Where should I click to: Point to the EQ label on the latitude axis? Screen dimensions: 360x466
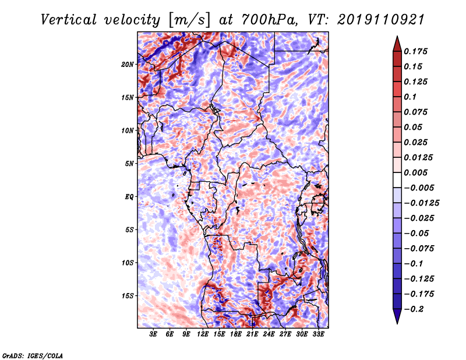pos(130,196)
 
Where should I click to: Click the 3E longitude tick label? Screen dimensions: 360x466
pos(154,334)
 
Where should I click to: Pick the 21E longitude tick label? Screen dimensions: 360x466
pos(252,334)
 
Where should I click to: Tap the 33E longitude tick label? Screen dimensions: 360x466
pos(318,334)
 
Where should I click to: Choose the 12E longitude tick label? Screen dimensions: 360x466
pos(203,334)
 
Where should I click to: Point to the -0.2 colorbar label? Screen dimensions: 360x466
pos(418,309)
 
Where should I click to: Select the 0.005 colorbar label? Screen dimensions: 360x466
pos(418,172)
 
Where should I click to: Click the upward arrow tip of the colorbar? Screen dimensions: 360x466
pos(396,37)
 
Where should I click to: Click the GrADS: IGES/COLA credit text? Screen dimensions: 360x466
pos(32,355)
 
